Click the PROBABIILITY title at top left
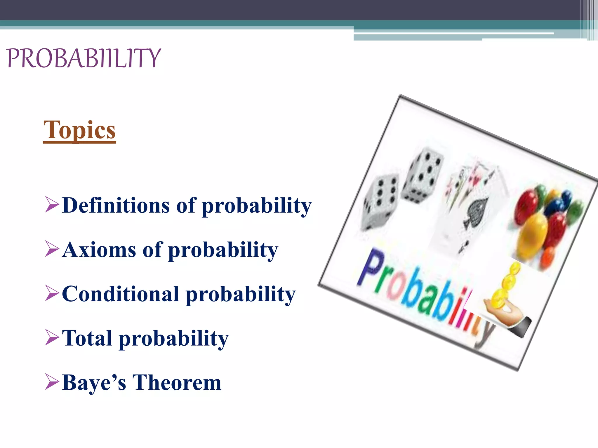pos(84,58)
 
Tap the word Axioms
pos(99,250)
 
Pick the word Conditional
pos(120,294)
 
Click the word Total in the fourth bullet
pos(87,338)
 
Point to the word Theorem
pos(177,383)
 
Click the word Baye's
pos(94,383)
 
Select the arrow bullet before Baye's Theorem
pos(52,382)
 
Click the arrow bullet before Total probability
pos(52,338)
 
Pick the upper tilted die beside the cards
pos(423,175)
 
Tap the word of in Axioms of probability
pos(152,250)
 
